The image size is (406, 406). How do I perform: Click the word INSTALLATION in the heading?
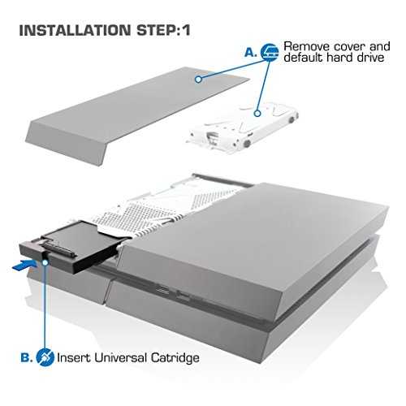tap(75, 30)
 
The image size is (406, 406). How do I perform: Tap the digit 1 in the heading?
tap(187, 30)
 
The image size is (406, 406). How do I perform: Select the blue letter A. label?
tap(251, 53)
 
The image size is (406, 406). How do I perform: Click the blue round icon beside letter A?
tap(270, 52)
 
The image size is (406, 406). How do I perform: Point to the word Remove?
tap(306, 46)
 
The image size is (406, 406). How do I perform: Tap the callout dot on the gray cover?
tap(198, 79)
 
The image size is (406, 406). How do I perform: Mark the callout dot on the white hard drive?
tap(257, 113)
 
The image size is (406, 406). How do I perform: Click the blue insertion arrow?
tap(24, 265)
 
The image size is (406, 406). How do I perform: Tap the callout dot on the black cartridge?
tap(45, 262)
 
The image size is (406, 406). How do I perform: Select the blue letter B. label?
tap(27, 358)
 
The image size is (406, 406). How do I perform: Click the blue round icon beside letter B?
tap(45, 357)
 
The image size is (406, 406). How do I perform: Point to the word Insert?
tap(74, 357)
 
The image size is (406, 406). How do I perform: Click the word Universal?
tap(121, 357)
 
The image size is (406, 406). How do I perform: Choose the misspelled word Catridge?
tap(175, 359)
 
